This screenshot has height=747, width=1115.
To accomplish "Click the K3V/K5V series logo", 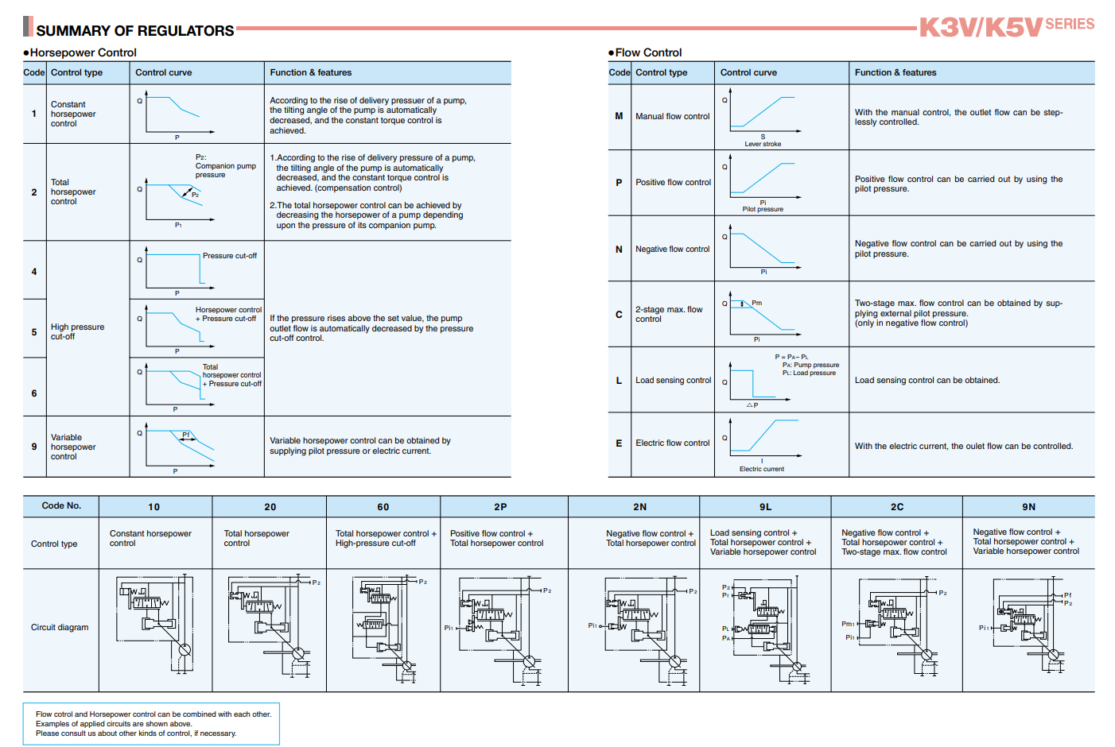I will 1006,27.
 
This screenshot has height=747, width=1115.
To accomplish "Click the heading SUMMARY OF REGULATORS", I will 135,31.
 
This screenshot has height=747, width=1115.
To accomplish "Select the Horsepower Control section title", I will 83,52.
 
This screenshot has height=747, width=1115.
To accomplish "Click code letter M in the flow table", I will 619,116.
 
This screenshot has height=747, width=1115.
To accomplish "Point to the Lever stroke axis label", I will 763,144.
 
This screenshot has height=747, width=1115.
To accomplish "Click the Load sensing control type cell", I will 673,380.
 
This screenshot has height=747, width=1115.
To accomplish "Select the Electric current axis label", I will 762,469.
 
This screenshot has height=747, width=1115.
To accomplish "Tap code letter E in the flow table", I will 619,443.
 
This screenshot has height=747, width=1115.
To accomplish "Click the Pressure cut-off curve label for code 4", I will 230,256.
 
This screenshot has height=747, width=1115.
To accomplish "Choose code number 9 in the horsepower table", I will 34,447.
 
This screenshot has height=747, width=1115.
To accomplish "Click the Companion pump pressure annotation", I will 225,166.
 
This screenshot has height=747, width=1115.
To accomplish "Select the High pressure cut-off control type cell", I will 77,331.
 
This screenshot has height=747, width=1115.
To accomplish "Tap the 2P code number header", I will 500,507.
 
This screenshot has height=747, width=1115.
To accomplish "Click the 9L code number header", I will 765,507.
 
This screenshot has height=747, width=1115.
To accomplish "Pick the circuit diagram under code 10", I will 156,624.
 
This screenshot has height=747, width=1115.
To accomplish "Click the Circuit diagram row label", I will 60,627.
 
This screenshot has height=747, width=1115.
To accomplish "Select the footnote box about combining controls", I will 152,723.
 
